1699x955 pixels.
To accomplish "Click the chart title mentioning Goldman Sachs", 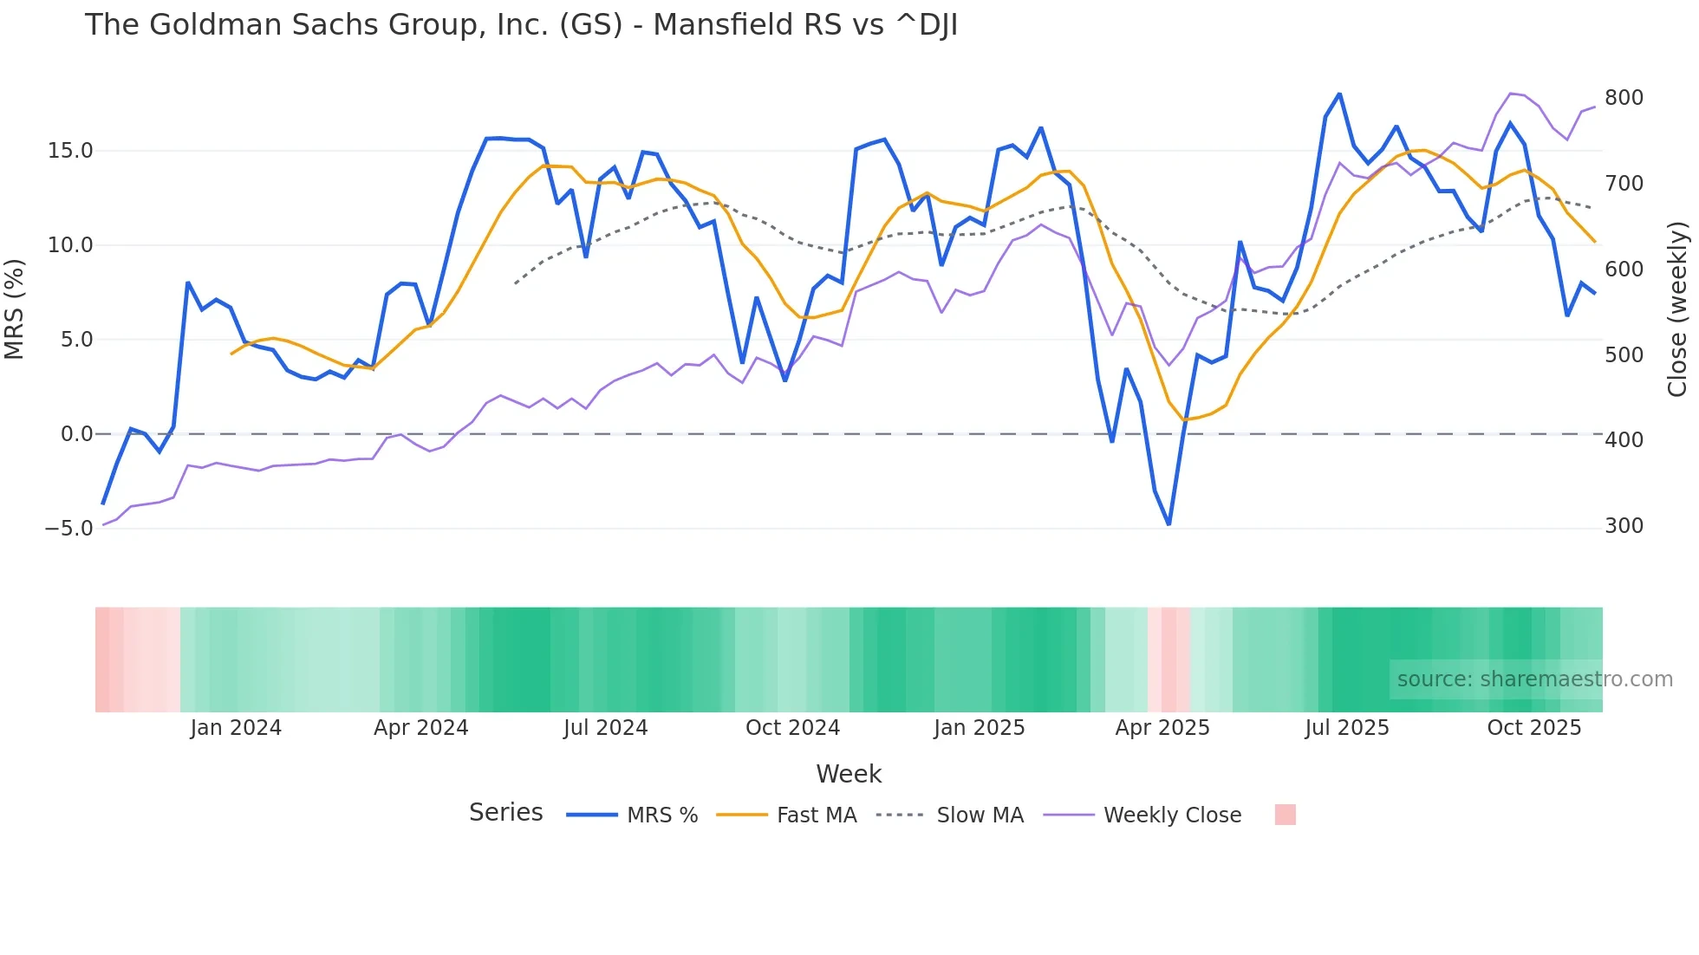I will [x=521, y=25].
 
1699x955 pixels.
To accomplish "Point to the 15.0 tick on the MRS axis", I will [x=70, y=151].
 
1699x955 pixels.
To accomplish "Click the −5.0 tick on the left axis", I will [x=68, y=529].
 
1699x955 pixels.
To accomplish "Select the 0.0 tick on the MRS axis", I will [x=76, y=434].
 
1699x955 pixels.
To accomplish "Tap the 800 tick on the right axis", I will [x=1624, y=98].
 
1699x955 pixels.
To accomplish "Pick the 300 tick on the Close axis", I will [x=1624, y=526].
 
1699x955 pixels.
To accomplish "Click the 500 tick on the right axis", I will [x=1624, y=355].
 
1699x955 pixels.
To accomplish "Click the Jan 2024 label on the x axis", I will [x=236, y=728].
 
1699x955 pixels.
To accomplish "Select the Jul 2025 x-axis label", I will [x=1347, y=728].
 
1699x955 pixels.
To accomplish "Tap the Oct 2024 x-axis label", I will [x=792, y=728].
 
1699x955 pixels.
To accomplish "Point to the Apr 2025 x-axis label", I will [x=1162, y=728].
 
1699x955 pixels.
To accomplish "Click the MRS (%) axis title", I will [x=15, y=309].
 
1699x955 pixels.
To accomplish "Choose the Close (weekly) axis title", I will [x=1678, y=309].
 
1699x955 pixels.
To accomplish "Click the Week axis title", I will [x=849, y=774].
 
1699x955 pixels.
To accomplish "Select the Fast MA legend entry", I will [x=816, y=815].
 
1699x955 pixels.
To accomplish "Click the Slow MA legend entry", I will [x=980, y=815].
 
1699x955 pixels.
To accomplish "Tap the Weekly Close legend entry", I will [x=1172, y=815].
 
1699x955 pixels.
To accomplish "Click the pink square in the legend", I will [x=1285, y=815].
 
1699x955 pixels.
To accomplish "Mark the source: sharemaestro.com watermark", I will [x=1534, y=679].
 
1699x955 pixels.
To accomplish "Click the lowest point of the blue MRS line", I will [x=1168, y=524].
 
